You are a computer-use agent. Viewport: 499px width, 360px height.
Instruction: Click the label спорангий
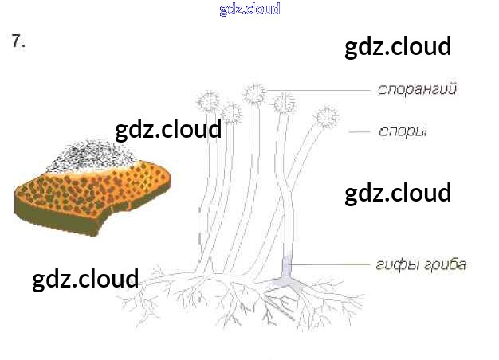coord(416,89)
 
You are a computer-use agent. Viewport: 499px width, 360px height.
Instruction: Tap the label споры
coord(403,131)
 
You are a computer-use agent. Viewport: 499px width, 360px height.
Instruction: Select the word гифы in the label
coord(392,264)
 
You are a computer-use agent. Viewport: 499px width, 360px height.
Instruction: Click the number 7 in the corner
coord(18,42)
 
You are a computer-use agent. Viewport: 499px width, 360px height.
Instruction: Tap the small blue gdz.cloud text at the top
coord(249,10)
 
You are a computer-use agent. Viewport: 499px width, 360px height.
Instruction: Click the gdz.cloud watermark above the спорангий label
coord(398,46)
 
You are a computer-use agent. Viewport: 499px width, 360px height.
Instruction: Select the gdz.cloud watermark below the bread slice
coord(85,279)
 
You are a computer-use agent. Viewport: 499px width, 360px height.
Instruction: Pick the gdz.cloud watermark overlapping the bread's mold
coord(168,129)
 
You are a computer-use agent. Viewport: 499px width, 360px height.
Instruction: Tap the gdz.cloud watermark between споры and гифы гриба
coord(398,193)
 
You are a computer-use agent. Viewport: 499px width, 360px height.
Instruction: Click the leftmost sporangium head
coord(209,102)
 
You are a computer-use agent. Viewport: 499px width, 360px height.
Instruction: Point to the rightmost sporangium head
coord(325,117)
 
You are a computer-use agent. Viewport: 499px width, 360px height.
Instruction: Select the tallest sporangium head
coord(255,93)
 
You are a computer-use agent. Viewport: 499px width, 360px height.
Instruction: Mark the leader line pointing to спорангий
coord(319,88)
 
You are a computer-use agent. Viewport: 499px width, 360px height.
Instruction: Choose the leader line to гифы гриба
coord(335,264)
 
